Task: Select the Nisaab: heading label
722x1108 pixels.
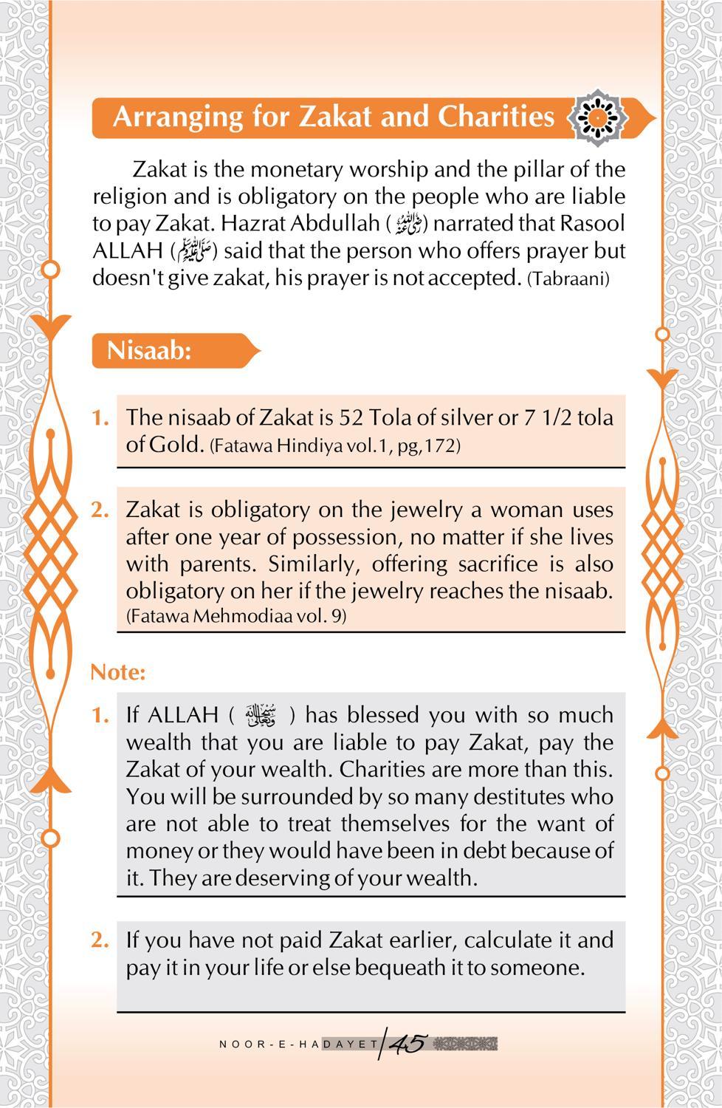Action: tap(149, 350)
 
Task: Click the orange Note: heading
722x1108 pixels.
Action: tap(118, 672)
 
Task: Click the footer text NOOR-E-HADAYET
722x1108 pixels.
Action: tap(298, 1044)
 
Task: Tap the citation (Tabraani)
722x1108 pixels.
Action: tap(568, 280)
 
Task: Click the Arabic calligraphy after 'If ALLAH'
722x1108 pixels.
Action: tap(261, 716)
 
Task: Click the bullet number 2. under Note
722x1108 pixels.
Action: tap(100, 940)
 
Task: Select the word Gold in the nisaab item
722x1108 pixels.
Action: tap(175, 445)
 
